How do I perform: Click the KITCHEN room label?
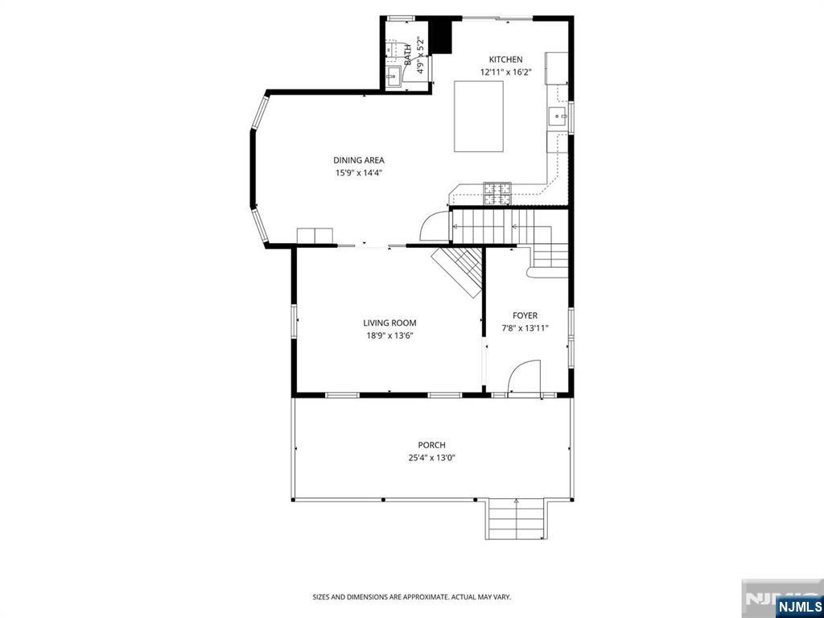coord(506,60)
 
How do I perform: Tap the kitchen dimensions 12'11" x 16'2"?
coord(506,72)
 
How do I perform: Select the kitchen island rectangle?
coord(479,116)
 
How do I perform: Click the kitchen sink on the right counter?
coord(558,117)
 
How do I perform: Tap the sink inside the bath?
coord(394,77)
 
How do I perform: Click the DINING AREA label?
coord(359,160)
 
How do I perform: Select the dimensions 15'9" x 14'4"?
coord(359,172)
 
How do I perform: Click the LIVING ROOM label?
coord(389,323)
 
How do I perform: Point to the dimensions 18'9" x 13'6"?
coord(389,336)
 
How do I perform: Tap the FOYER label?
coord(525,315)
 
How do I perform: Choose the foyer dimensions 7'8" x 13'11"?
coord(525,328)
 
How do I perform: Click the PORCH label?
coord(431,445)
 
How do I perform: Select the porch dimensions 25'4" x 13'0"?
coord(431,458)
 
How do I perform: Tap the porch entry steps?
coord(516,519)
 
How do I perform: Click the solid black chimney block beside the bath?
coord(440,35)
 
